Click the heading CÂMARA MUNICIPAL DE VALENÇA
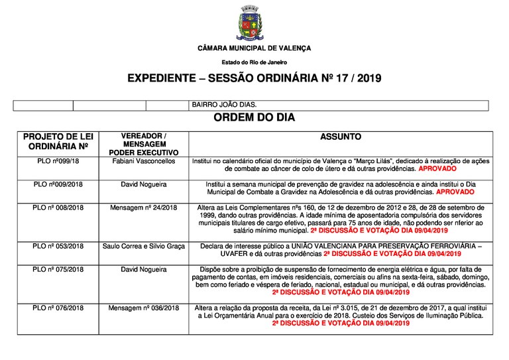pos(254,49)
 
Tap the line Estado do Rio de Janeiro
pos(254,62)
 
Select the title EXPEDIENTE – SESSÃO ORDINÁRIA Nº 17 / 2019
pos(254,78)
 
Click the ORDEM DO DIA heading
pos(254,118)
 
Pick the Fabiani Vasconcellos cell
pos(139,161)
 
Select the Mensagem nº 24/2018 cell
pos(139,207)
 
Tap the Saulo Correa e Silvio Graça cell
pos(139,246)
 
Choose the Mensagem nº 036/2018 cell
pos(139,308)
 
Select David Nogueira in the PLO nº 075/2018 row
pos(139,270)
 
